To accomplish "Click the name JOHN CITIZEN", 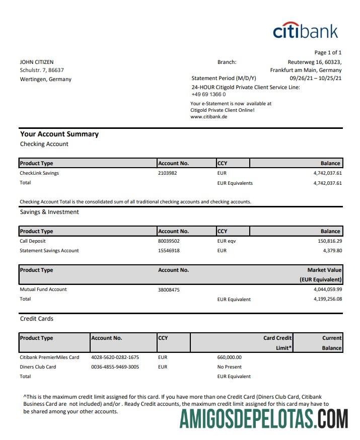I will pos(37,62).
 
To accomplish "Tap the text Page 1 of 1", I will pos(328,52).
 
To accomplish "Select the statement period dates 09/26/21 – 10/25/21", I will pos(316,79).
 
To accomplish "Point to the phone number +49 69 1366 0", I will pos(208,94).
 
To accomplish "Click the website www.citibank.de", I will pos(209,116).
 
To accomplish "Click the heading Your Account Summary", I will pos(59,134).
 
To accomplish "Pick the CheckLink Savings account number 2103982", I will pos(168,173).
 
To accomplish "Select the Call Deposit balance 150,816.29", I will pos(327,241).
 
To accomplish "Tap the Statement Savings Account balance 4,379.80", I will pos(331,251).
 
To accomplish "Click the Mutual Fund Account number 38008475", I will pos(169,289).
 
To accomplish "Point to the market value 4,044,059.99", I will pos(327,289).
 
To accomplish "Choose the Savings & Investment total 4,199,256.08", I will pos(327,299).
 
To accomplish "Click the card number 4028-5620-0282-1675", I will pos(115,357).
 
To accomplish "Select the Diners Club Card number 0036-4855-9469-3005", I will pos(115,367).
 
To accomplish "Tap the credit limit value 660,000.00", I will pos(230,357).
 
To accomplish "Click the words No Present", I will pos(230,367).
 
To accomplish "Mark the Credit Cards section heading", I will pos(37,319).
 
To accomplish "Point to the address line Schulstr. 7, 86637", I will pos(42,70).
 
